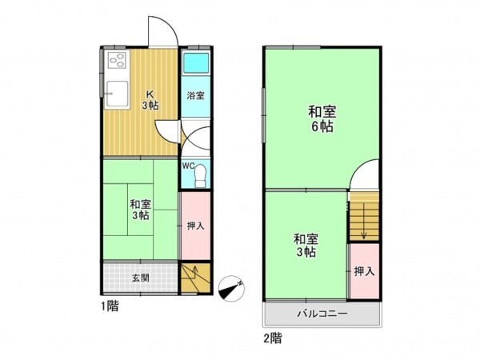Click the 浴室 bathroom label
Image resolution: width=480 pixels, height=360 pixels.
195,96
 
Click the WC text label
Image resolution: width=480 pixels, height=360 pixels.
188,166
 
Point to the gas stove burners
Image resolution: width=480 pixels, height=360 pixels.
116,61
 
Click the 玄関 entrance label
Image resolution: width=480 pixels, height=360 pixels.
141,278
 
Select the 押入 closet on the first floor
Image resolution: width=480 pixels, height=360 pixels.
195,226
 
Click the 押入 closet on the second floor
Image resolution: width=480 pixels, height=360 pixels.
364,271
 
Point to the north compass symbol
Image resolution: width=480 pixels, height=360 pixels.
232,287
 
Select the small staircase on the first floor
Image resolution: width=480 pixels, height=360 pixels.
194,279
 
